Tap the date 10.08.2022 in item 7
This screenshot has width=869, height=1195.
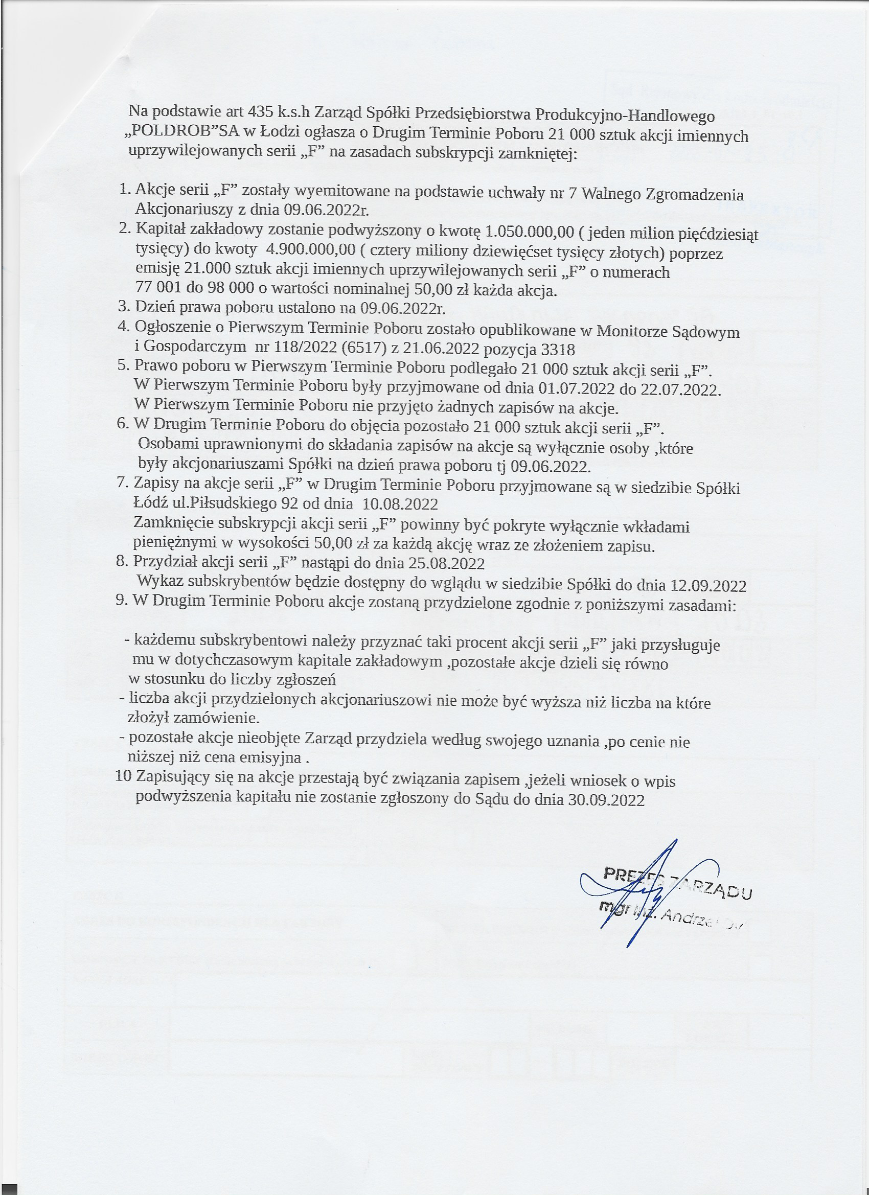(401, 504)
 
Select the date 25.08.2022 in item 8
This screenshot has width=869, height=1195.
(446, 563)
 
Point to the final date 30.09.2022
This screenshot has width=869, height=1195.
(607, 800)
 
